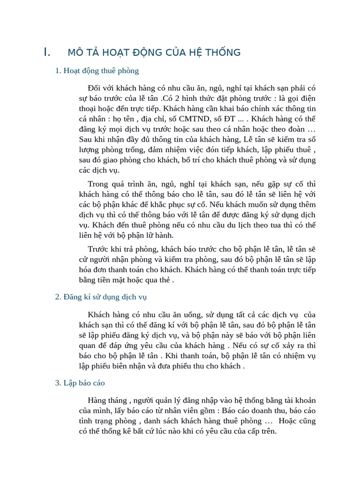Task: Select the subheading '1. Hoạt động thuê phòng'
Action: (x=97, y=71)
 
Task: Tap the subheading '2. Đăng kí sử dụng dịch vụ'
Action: (x=101, y=297)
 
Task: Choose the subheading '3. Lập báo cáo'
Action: (x=80, y=383)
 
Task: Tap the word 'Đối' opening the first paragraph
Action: (x=94, y=88)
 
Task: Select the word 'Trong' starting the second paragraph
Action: (x=98, y=184)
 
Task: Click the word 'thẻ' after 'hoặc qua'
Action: (x=165, y=280)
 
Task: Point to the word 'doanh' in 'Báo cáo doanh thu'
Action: (x=264, y=411)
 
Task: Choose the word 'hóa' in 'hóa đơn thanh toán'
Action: (x=87, y=270)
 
